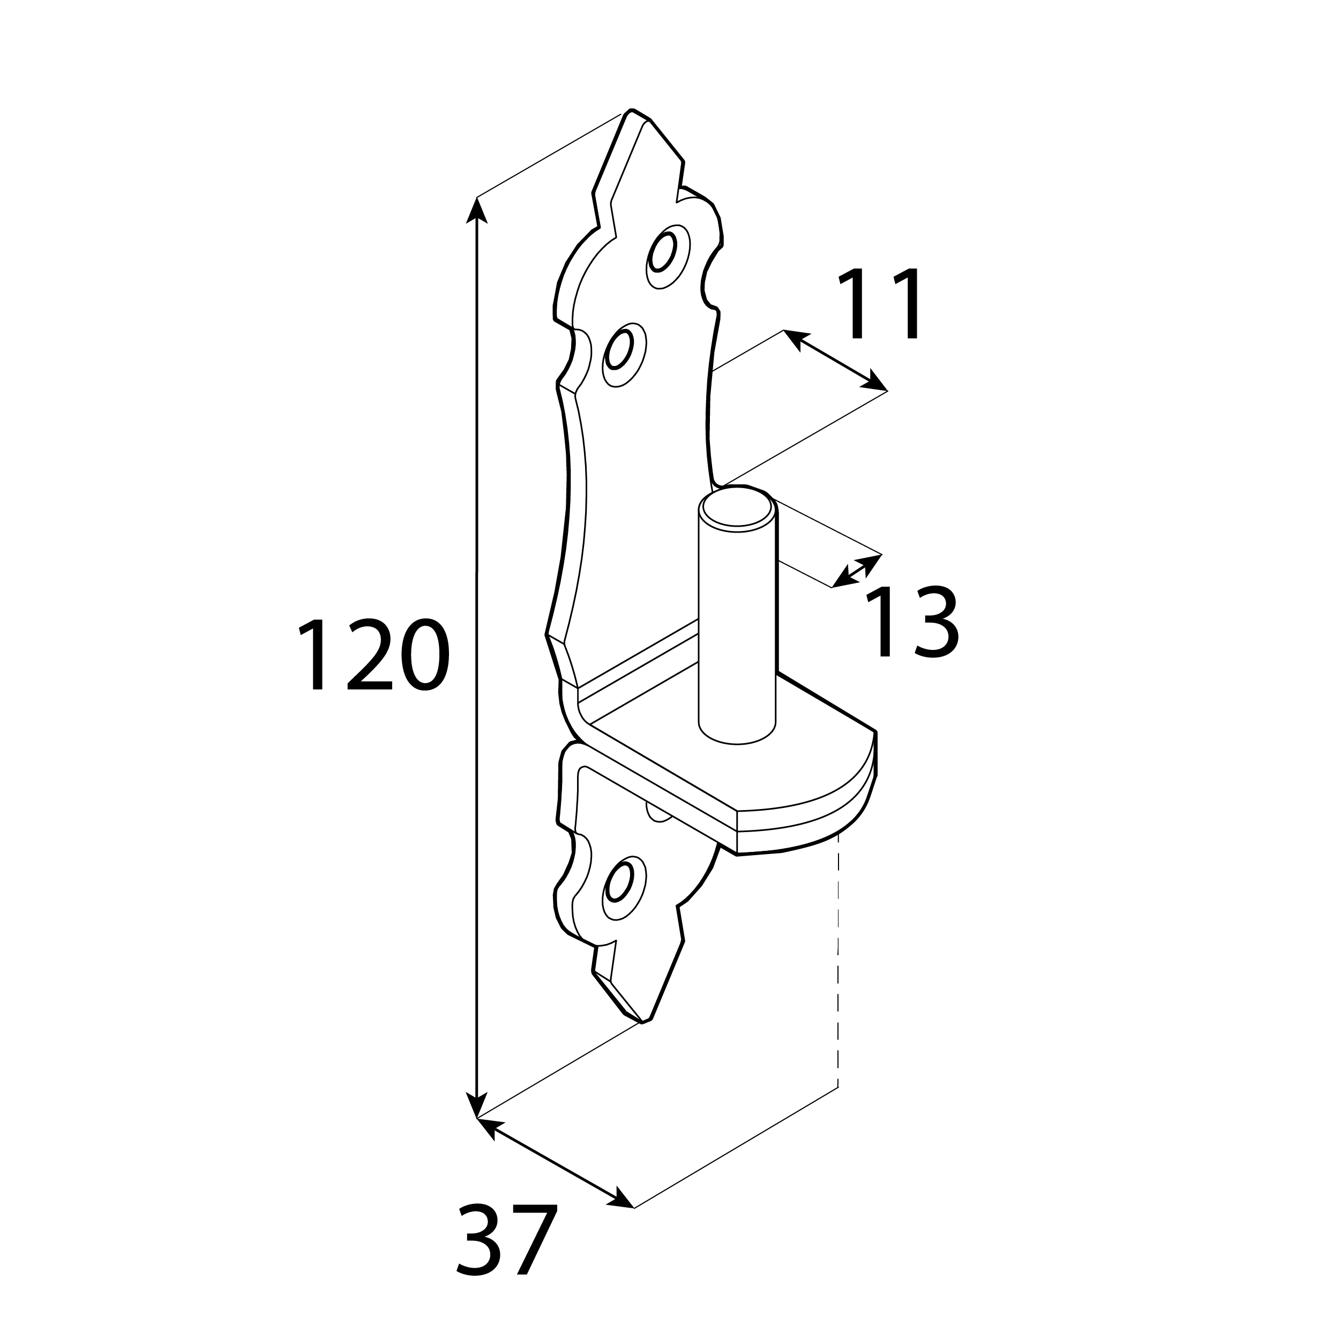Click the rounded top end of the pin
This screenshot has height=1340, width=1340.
(x=737, y=508)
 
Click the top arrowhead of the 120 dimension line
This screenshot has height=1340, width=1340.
(x=476, y=209)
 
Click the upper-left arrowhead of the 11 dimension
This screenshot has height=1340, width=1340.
(x=796, y=339)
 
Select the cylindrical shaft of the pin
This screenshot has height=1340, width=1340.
(x=737, y=624)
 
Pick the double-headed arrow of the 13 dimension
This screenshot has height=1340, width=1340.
(x=857, y=571)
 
